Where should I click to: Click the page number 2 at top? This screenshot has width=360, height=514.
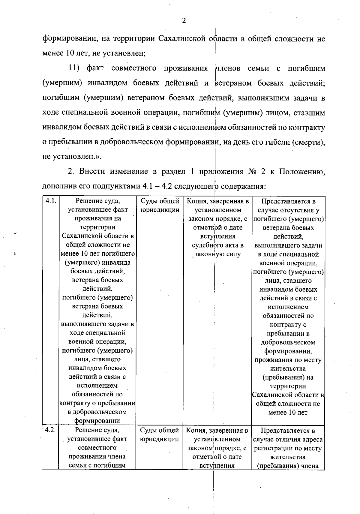184,21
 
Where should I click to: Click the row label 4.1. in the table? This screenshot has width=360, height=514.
50,201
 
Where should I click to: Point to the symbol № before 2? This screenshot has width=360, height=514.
251,171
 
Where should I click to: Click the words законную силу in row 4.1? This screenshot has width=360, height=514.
218,254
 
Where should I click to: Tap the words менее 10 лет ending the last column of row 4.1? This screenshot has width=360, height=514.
288,412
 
